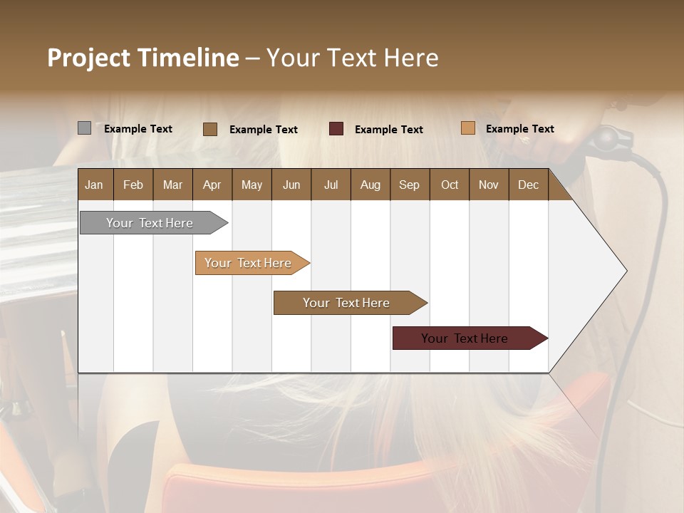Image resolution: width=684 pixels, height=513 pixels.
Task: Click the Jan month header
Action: click(x=94, y=185)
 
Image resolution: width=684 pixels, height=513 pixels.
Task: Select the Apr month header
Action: click(x=212, y=185)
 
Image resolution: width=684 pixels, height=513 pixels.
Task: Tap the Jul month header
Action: click(x=331, y=185)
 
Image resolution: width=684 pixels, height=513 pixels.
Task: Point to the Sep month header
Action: click(x=409, y=185)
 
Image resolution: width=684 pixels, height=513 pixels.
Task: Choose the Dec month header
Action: click(x=528, y=185)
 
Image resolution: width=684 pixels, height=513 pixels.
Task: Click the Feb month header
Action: click(x=133, y=185)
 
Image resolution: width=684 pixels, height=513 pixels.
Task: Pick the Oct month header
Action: click(x=450, y=185)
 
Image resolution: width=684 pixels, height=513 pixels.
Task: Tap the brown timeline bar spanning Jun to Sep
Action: click(x=347, y=303)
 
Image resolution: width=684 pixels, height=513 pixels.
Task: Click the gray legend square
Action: click(x=84, y=128)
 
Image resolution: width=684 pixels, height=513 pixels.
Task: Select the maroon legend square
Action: click(x=336, y=129)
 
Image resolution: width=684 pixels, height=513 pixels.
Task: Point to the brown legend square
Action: click(x=209, y=129)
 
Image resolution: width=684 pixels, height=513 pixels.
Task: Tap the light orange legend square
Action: click(x=467, y=128)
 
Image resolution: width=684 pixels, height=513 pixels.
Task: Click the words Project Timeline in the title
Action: click(x=143, y=58)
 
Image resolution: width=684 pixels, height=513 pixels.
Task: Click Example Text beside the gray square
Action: click(x=138, y=129)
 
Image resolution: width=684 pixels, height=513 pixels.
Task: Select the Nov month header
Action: click(x=489, y=185)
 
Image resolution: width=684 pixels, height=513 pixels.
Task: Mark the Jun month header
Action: click(x=291, y=185)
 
